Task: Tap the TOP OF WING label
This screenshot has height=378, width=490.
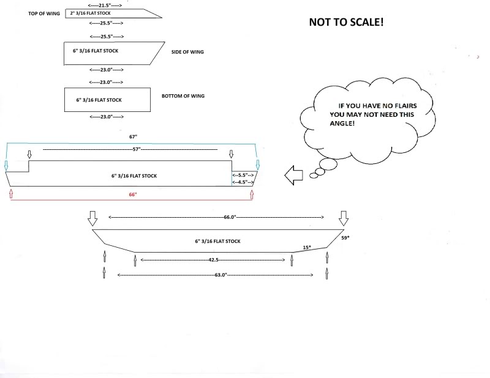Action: click(43, 13)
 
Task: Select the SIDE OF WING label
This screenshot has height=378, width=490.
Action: click(187, 52)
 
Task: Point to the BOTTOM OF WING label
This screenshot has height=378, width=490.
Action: click(183, 96)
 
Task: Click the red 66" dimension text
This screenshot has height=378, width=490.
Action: click(132, 194)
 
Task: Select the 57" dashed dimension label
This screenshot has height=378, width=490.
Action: click(136, 149)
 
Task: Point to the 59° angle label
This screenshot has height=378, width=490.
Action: click(345, 237)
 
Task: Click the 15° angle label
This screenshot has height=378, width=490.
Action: click(307, 247)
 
